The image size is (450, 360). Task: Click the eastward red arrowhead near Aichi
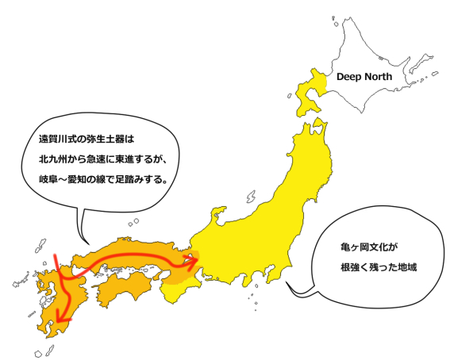coord(194,259)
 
